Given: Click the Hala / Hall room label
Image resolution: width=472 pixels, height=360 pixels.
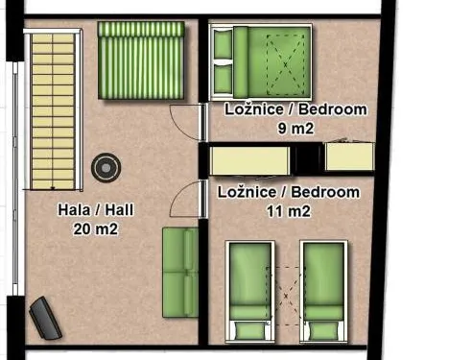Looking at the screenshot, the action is point(96,210).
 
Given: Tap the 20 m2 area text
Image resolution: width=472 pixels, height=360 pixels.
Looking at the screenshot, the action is point(96,229).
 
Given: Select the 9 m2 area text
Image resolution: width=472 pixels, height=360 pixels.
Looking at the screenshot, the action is point(295,129).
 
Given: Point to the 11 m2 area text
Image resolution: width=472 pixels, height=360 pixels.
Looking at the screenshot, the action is point(289,211).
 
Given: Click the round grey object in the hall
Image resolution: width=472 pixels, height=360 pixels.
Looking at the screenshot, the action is point(106,168).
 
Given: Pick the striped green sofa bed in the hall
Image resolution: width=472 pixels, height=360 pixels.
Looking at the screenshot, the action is point(141,60).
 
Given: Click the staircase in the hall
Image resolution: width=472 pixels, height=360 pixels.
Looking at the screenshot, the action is point(53,109).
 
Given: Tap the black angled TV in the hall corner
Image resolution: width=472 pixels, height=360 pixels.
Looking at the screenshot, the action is point(45,318).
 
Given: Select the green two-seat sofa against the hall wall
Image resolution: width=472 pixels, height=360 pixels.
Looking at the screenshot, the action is point(180,273).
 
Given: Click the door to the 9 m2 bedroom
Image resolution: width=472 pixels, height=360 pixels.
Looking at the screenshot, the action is point(187,122).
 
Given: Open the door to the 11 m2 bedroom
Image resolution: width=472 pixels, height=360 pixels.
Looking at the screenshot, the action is point(188,199).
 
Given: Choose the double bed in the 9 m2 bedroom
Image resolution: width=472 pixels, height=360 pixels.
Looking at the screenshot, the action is point(260,62).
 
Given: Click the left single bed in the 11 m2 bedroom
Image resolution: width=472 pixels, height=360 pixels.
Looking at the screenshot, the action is point(250,292).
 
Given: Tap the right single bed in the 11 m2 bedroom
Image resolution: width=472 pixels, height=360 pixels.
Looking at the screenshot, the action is point(323,292).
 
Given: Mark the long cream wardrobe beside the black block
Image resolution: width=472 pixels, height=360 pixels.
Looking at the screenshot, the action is point(249,160).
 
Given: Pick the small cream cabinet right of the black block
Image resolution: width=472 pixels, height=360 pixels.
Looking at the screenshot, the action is point(349,156).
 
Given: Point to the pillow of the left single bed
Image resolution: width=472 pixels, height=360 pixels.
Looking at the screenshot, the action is point(249,331).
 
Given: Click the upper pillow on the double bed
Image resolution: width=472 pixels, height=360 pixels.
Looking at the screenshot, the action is point(223,44).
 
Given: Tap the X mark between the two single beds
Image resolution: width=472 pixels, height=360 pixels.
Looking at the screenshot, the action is point(286,296).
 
